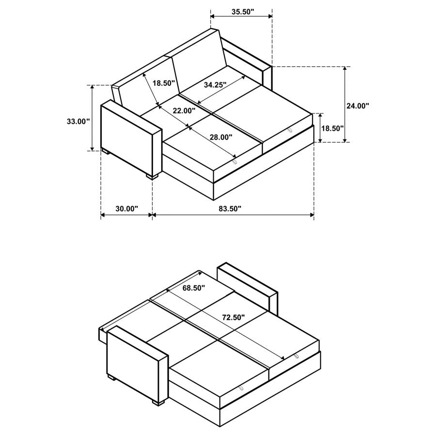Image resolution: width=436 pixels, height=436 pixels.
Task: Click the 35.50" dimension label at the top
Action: click(243, 12)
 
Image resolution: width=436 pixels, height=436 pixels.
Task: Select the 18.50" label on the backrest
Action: click(163, 83)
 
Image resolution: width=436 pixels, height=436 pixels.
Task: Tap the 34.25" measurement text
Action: click(215, 84)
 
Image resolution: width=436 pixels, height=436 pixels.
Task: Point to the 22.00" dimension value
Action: click(184, 110)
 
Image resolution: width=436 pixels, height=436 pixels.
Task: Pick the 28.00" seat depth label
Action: click(220, 137)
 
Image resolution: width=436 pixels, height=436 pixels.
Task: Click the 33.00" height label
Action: click(78, 121)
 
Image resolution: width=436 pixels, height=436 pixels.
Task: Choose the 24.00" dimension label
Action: click(358, 105)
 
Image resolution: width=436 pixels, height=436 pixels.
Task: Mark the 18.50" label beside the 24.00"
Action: click(332, 128)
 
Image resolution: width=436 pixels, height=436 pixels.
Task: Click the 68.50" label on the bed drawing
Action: click(194, 288)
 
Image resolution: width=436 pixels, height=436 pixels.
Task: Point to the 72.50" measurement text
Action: click(233, 317)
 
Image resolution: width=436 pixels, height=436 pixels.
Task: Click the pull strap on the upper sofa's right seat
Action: click(290, 129)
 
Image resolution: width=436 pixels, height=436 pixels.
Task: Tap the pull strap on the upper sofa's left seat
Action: click(235, 162)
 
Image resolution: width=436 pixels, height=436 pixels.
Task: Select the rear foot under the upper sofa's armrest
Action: click(105, 152)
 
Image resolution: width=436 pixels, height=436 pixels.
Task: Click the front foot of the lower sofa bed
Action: click(155, 402)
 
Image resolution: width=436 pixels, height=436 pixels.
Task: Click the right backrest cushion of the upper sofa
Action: click(199, 61)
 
